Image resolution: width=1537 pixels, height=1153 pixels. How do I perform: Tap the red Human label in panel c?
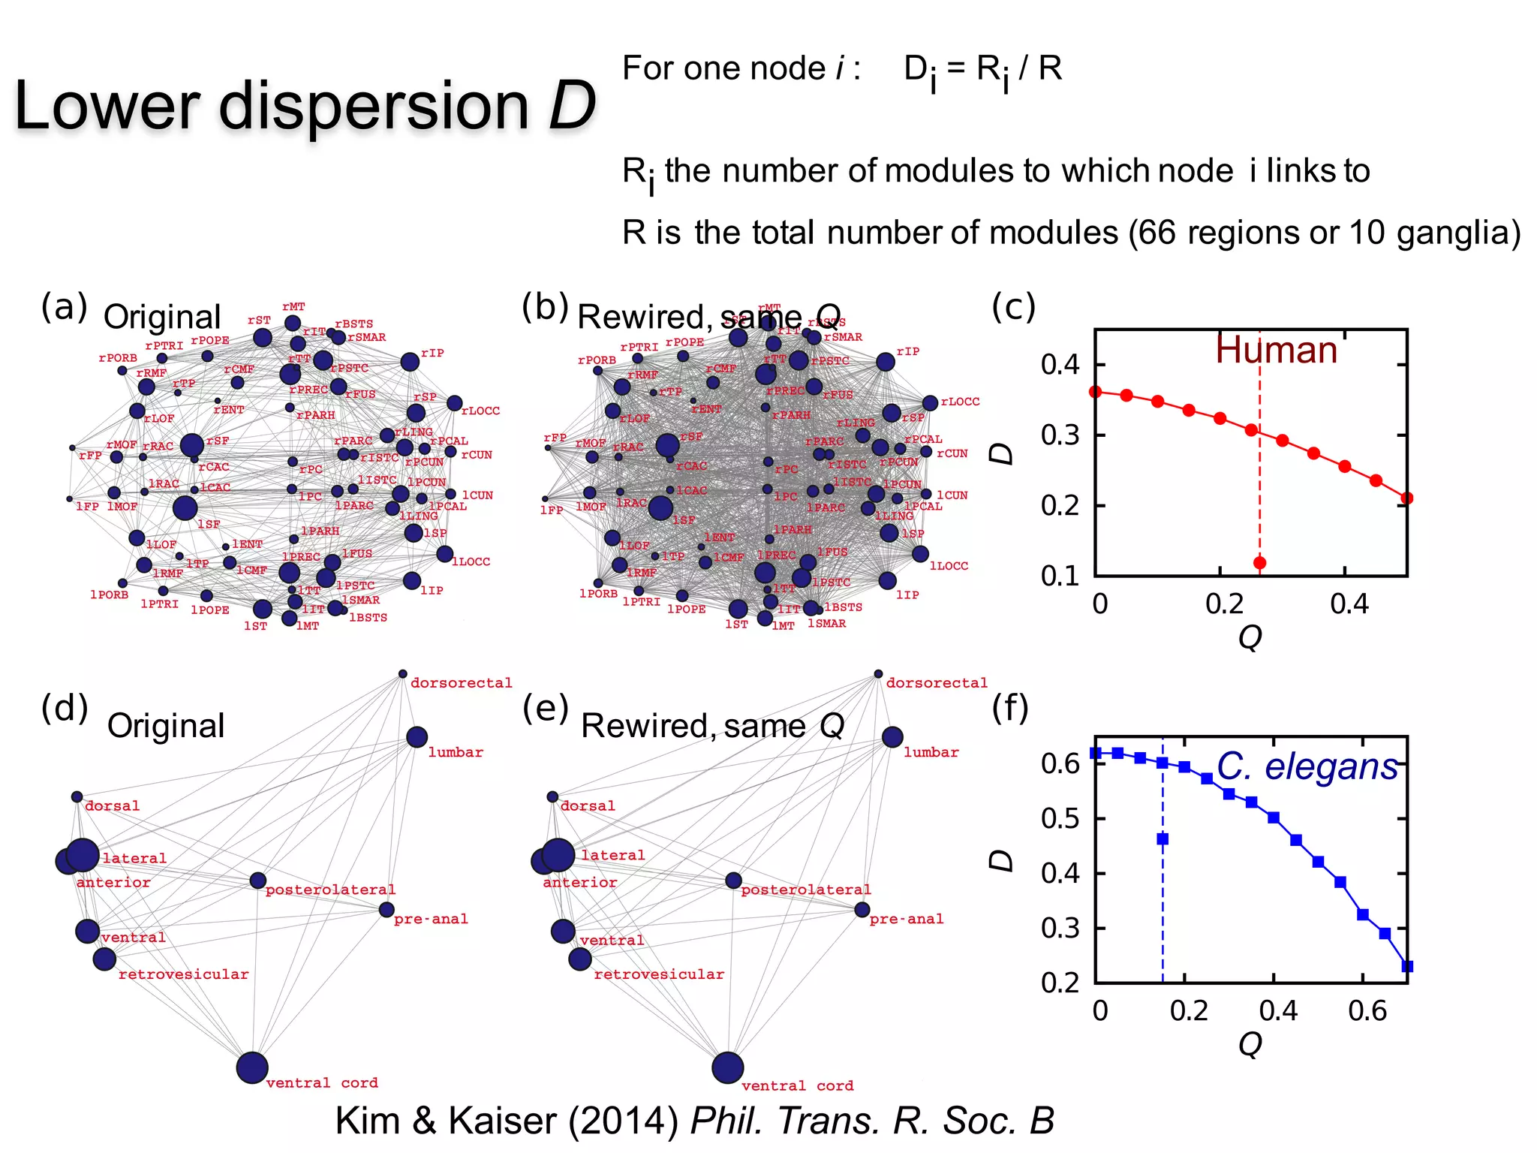click(1276, 351)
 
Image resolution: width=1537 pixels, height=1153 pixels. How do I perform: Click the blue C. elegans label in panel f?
click(1307, 767)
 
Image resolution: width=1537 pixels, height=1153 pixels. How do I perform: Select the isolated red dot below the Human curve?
click(1259, 563)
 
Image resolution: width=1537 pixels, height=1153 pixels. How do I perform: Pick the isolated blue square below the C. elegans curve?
click(1163, 839)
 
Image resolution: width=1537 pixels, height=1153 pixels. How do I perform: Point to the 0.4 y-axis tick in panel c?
click(1060, 366)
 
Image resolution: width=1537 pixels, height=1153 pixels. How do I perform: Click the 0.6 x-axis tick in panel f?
click(1367, 1011)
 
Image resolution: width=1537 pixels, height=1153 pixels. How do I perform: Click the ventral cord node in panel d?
click(252, 1067)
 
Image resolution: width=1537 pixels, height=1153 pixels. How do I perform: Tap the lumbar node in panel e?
click(892, 737)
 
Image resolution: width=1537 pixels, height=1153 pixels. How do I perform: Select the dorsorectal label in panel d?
click(461, 683)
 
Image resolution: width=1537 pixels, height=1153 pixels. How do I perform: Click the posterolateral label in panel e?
click(805, 890)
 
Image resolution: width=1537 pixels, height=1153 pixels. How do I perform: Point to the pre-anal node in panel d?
click(387, 910)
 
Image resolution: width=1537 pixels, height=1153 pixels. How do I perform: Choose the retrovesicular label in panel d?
click(183, 974)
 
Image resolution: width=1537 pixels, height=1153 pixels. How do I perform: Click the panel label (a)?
click(65, 307)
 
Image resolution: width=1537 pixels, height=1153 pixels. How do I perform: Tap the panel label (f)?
click(1010, 708)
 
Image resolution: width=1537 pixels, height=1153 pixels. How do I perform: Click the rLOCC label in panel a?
click(480, 411)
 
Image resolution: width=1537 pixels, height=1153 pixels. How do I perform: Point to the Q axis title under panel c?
click(1250, 637)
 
